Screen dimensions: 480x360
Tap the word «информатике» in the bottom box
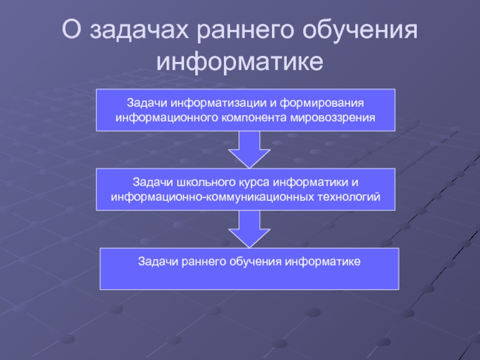324,262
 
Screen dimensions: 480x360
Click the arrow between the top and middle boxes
246,149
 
